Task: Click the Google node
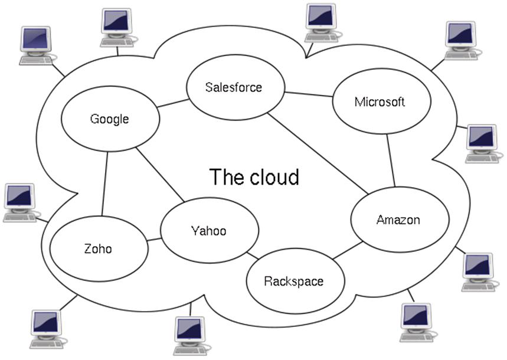click(x=110, y=119)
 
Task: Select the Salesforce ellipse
click(x=234, y=88)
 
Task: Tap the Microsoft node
click(x=380, y=102)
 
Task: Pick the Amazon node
click(x=398, y=220)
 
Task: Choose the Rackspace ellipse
click(x=294, y=281)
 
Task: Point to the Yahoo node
click(x=209, y=231)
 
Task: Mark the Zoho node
click(x=99, y=248)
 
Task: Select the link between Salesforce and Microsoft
click(x=308, y=95)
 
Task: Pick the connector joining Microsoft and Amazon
click(x=391, y=161)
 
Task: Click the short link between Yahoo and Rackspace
click(x=253, y=256)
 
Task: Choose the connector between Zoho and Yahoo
click(x=154, y=240)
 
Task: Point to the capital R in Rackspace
click(x=268, y=281)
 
